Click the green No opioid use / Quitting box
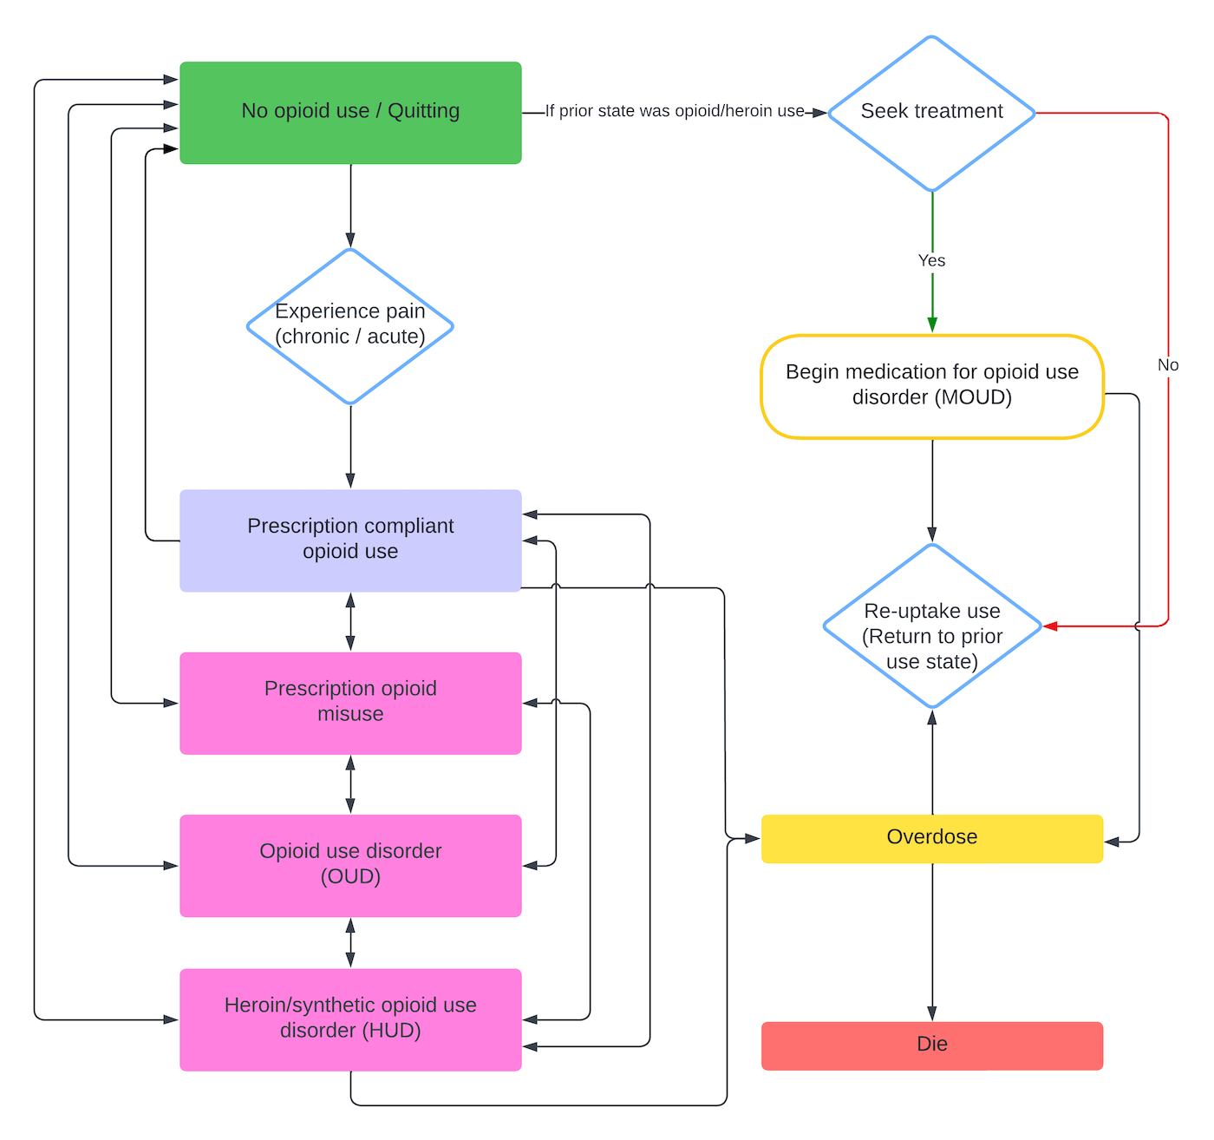tap(350, 113)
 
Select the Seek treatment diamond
tap(931, 113)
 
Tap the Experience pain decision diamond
tap(350, 326)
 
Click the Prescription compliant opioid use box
tap(350, 540)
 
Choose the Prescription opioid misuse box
tap(350, 703)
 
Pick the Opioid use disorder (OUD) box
tap(350, 865)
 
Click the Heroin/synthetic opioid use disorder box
tap(350, 1019)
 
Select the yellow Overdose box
tap(931, 838)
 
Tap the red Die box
tap(931, 1045)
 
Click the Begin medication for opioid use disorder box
tap(931, 386)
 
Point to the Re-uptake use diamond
tap(931, 626)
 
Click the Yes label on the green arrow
tap(931, 260)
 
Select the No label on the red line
tap(1168, 365)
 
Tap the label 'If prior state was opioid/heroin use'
tap(675, 111)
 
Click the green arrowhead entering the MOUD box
tap(932, 324)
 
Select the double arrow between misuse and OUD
tap(350, 783)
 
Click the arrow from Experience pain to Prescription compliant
tap(350, 446)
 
